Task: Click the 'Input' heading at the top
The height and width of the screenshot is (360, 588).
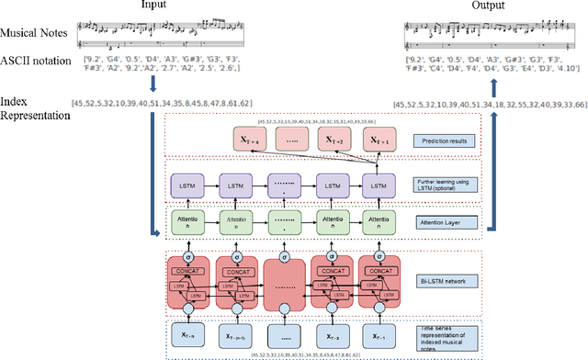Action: click(x=155, y=6)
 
